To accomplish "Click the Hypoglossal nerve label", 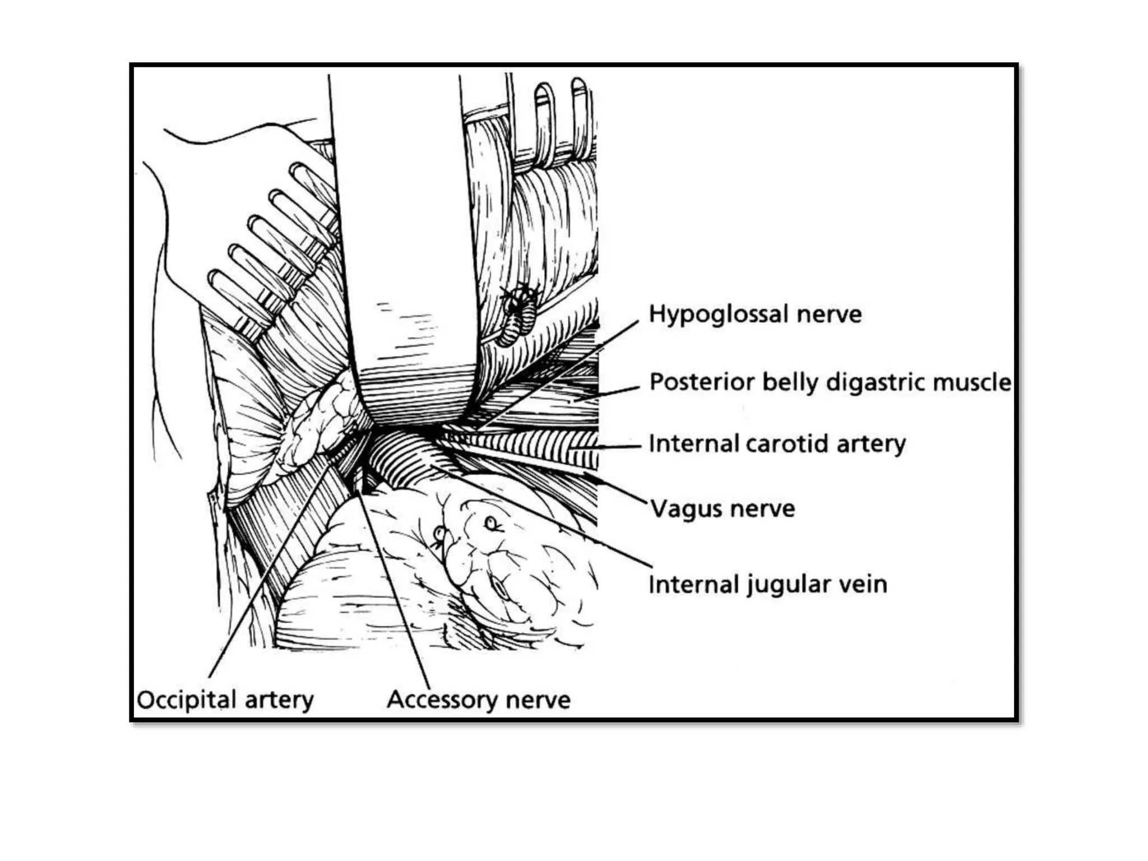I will (x=754, y=314).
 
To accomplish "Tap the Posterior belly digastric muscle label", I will (x=830, y=382).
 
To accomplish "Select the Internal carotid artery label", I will (x=777, y=444).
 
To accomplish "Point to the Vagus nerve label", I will (x=723, y=509).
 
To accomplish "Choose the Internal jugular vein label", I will (x=768, y=585).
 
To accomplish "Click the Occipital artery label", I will (x=225, y=700).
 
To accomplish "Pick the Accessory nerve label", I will (x=478, y=700).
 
